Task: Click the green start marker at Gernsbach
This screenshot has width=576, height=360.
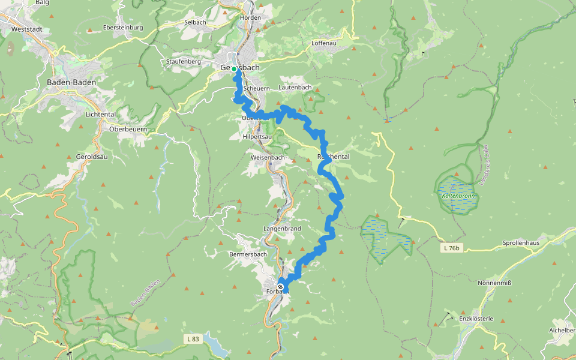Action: pyautogui.click(x=235, y=69)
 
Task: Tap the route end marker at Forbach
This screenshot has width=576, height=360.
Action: pyautogui.click(x=280, y=287)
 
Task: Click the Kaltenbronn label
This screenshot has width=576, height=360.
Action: pyautogui.click(x=458, y=196)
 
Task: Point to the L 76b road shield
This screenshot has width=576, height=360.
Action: pyautogui.click(x=452, y=248)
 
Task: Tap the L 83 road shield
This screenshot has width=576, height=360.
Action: pyautogui.click(x=193, y=340)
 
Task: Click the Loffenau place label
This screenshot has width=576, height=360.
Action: pyautogui.click(x=326, y=44)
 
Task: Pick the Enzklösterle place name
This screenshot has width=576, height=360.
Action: pyautogui.click(x=476, y=319)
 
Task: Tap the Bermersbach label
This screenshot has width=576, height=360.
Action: pyautogui.click(x=248, y=254)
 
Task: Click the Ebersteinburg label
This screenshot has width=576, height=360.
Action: pyautogui.click(x=123, y=28)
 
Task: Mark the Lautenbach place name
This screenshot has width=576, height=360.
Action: pyautogui.click(x=295, y=88)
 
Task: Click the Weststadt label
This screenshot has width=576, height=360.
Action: pyautogui.click(x=25, y=29)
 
